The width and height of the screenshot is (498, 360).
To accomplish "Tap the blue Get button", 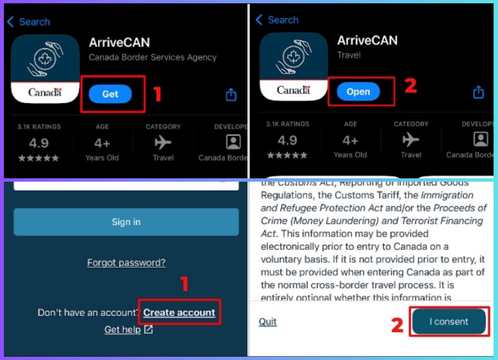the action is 110,94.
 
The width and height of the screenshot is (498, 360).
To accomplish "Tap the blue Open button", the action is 358,91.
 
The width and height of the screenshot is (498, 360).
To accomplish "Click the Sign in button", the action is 126,222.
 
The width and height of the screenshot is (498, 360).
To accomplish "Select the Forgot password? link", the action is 126,263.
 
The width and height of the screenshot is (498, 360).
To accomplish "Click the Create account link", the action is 179,312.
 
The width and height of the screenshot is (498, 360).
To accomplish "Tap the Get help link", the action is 128,330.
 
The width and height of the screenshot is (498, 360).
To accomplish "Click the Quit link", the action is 268,322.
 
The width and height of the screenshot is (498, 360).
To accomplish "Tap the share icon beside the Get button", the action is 231,95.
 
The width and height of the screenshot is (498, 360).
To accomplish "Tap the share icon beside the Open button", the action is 479,92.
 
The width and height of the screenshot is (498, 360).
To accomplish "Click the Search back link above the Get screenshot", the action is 29,22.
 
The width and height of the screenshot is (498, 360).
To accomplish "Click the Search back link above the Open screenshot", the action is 277,20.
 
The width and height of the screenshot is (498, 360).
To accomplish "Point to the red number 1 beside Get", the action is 157,94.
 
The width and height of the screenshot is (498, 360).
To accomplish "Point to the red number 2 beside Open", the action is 411,85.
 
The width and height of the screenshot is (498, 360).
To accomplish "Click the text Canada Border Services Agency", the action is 153,57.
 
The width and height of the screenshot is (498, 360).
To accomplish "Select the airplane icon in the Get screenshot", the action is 163,142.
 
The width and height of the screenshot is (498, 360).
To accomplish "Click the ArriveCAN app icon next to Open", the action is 293,66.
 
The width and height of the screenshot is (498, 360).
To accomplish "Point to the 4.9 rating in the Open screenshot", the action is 287,140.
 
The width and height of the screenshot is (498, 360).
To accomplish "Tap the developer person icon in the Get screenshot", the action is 234,142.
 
